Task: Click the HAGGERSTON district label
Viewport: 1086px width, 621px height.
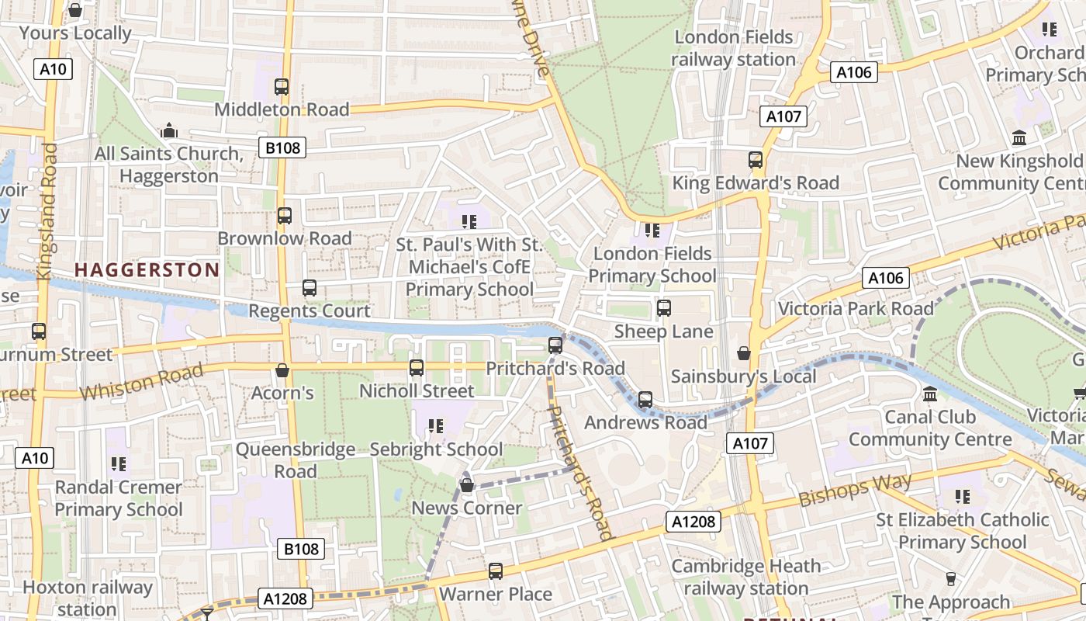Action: (147, 270)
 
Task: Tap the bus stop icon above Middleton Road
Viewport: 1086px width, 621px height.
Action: (282, 87)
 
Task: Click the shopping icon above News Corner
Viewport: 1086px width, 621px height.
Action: (467, 485)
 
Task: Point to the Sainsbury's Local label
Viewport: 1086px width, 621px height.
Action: (743, 376)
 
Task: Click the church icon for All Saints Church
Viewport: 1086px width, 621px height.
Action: (169, 131)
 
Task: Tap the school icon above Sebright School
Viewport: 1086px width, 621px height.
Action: (436, 426)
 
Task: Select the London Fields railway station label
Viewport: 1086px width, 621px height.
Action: (733, 48)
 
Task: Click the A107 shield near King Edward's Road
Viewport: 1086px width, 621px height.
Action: (783, 116)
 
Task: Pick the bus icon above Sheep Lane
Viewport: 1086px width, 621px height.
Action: (664, 308)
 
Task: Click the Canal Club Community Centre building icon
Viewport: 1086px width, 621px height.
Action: (930, 394)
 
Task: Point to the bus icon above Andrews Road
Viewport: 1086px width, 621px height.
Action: (645, 400)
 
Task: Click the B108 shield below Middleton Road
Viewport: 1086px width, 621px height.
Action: (282, 147)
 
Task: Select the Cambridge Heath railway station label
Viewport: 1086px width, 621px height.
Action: (745, 578)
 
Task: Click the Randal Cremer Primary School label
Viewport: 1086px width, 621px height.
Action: (119, 498)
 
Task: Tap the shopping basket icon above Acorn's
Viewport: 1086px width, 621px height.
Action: (282, 370)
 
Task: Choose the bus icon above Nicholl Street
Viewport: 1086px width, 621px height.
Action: (417, 367)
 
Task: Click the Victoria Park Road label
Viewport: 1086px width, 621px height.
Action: (856, 308)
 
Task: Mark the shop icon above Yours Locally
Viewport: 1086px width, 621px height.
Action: (75, 10)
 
